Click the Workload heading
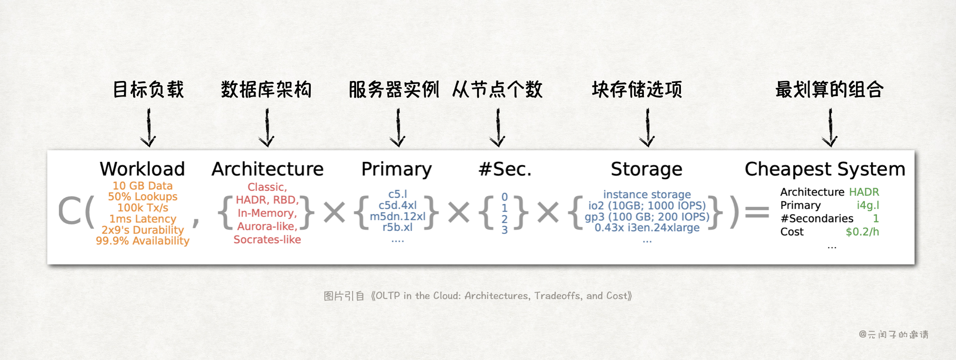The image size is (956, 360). coord(142,169)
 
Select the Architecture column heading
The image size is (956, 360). coord(267,169)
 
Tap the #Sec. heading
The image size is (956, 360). coord(505,169)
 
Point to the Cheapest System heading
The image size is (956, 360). coord(825,169)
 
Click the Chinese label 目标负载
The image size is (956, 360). coord(148,90)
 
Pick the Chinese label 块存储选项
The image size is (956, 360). coord(637,90)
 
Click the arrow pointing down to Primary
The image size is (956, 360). coord(398,128)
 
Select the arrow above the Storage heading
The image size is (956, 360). coord(647,128)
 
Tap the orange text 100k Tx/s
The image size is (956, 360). coord(142,208)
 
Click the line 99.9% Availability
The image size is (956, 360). coord(142,241)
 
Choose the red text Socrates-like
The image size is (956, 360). coord(267,240)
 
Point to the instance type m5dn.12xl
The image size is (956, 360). coord(398,216)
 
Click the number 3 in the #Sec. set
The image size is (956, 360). coord(504,230)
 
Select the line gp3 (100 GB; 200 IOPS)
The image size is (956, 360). coord(647,217)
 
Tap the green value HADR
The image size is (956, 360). coord(864,192)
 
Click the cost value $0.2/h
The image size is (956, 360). coord(862,232)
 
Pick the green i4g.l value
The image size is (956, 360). coord(868,205)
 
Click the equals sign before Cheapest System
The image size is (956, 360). coord(757,212)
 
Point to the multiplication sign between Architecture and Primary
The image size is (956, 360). coord(335,212)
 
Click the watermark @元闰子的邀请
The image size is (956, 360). coord(894,335)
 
